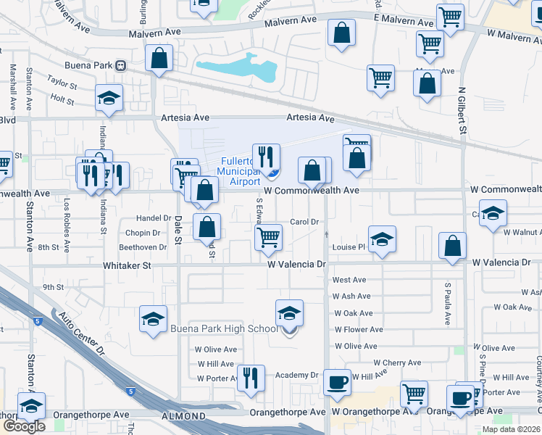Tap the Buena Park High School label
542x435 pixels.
pyautogui.click(x=224, y=329)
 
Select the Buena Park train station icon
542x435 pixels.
pyautogui.click(x=121, y=65)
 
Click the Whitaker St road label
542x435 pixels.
pyautogui.click(x=127, y=266)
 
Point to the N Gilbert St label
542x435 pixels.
pyautogui.click(x=462, y=111)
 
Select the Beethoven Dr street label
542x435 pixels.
pyautogui.click(x=143, y=247)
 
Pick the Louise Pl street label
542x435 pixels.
pyautogui.click(x=349, y=247)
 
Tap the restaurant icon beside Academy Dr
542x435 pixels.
pyautogui.click(x=251, y=376)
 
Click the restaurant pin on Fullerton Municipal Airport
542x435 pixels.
pyautogui.click(x=266, y=157)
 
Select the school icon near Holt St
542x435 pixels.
pyautogui.click(x=109, y=97)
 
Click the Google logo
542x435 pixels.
pyautogui.click(x=24, y=426)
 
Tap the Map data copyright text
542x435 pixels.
pyautogui.click(x=511, y=429)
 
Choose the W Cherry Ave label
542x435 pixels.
pyautogui.click(x=397, y=362)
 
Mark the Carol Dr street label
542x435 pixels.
pyautogui.click(x=304, y=222)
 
